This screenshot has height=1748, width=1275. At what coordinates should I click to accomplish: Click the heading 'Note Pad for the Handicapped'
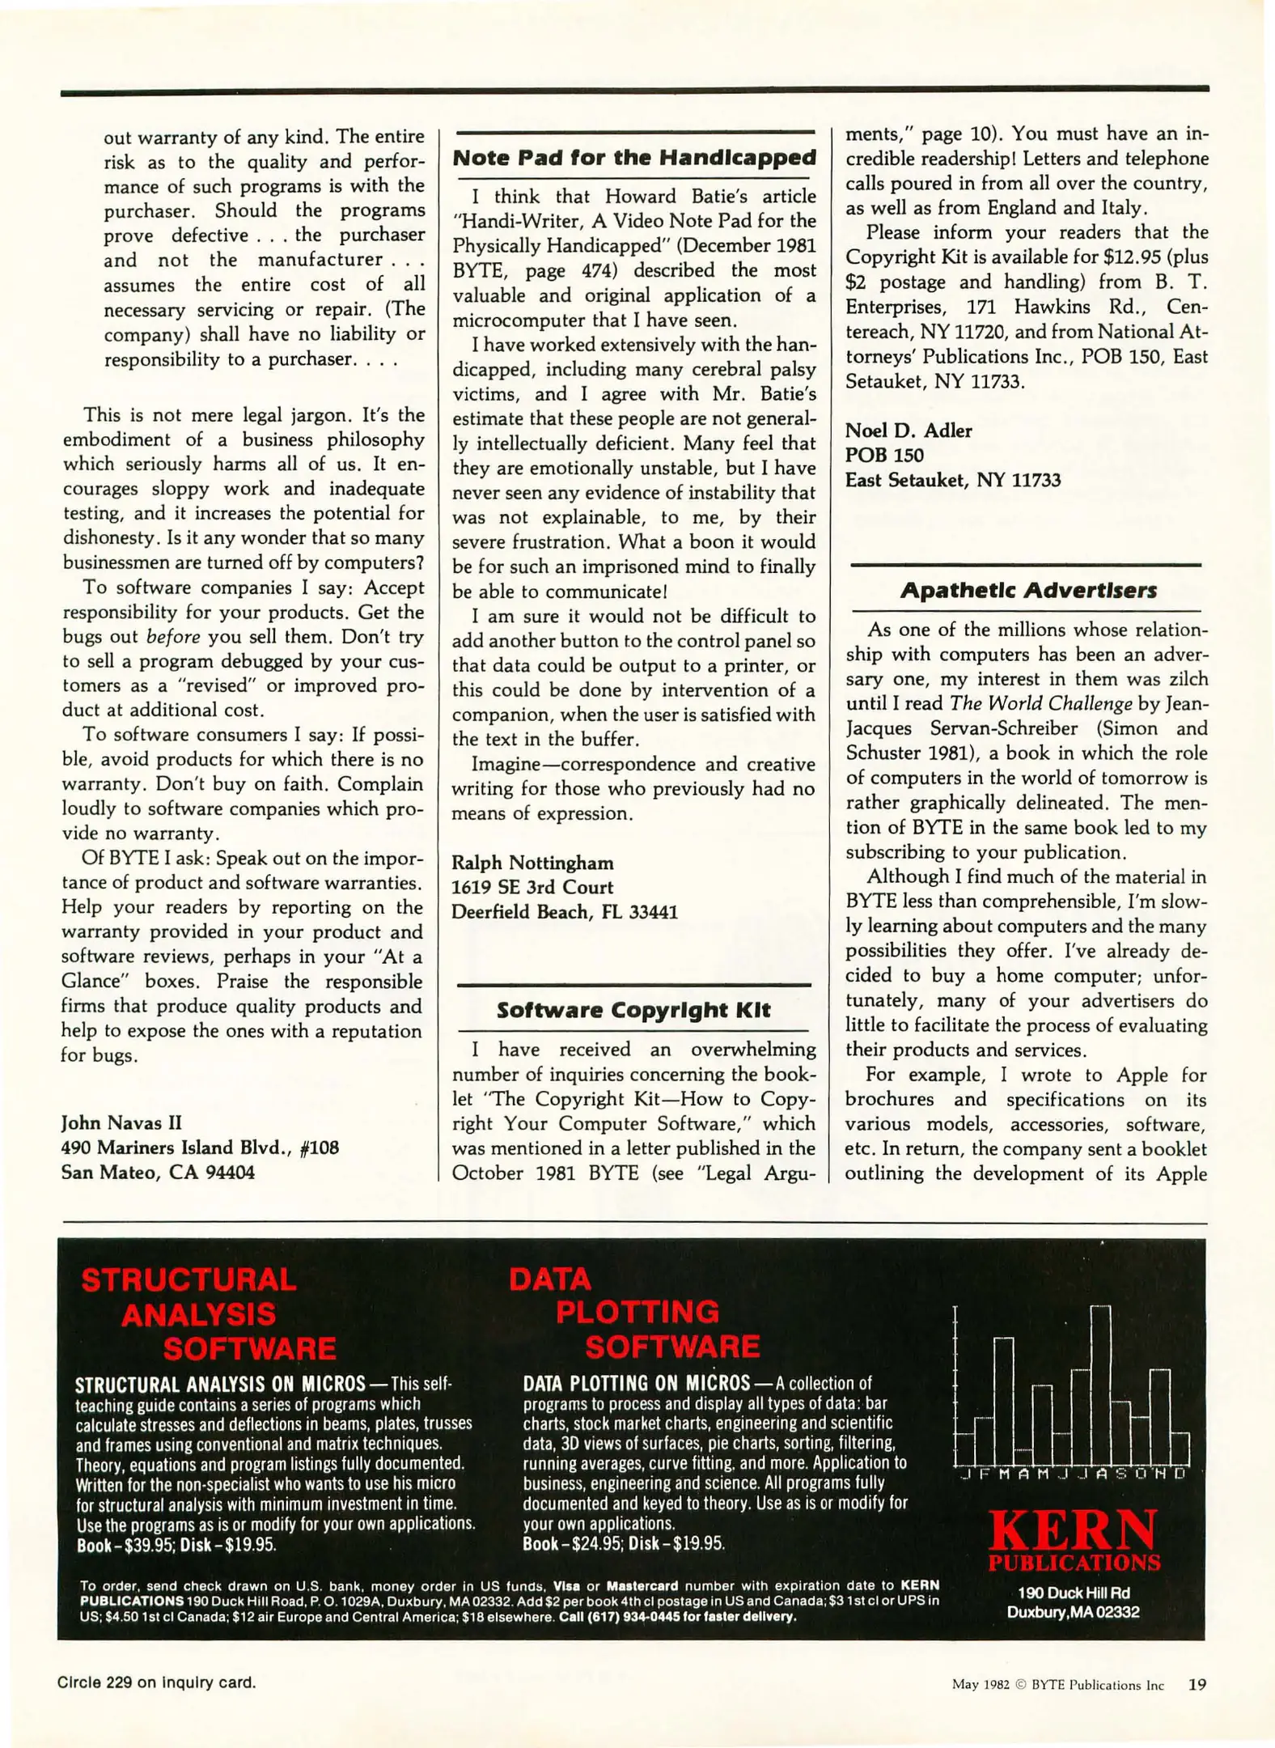[x=634, y=158]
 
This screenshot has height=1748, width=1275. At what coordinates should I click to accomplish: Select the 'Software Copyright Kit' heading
[x=633, y=1010]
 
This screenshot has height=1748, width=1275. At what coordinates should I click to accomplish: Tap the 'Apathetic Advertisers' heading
[x=1028, y=590]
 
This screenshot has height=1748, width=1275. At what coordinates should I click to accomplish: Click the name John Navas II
[x=121, y=1122]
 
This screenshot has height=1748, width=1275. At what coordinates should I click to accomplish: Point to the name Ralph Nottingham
[x=532, y=863]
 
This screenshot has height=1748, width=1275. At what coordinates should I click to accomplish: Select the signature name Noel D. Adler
[x=909, y=431]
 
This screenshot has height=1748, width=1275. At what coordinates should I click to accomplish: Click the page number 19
[x=1197, y=1684]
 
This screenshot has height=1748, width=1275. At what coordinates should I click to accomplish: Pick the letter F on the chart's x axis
[x=984, y=1474]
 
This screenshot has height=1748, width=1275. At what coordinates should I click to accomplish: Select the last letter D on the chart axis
[x=1180, y=1474]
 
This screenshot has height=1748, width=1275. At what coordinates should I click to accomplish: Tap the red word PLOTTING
[x=637, y=1312]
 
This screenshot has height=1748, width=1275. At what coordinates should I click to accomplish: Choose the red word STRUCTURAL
[x=188, y=1279]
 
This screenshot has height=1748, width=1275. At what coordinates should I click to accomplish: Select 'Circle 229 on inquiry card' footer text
[x=156, y=1682]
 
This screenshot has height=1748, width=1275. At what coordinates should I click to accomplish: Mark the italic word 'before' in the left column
[x=173, y=637]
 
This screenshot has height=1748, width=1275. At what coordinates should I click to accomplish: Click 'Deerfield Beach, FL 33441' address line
[x=564, y=912]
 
